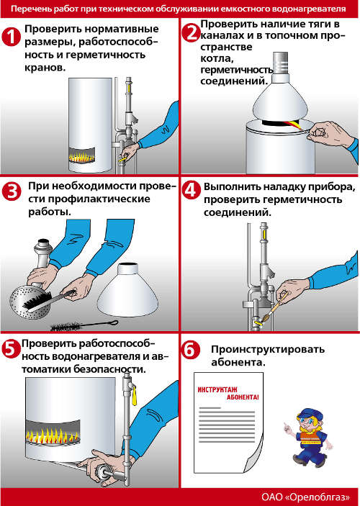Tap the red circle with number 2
click(192, 32)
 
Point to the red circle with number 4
click(192, 191)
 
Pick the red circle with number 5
click(12, 350)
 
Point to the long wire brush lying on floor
click(84, 325)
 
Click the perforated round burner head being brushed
click(30, 302)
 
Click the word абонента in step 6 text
click(238, 362)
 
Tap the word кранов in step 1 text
click(45, 68)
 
